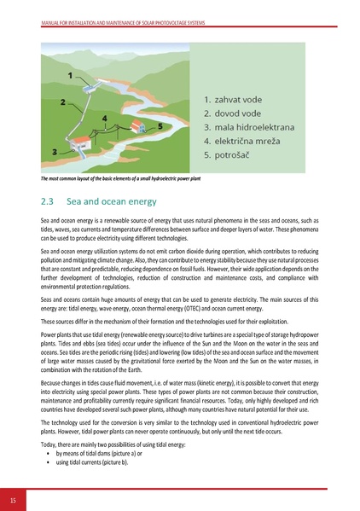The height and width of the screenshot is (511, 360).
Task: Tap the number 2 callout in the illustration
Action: point(63,102)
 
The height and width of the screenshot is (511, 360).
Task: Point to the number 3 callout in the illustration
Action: point(55,151)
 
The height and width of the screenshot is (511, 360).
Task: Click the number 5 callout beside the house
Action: point(160,125)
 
